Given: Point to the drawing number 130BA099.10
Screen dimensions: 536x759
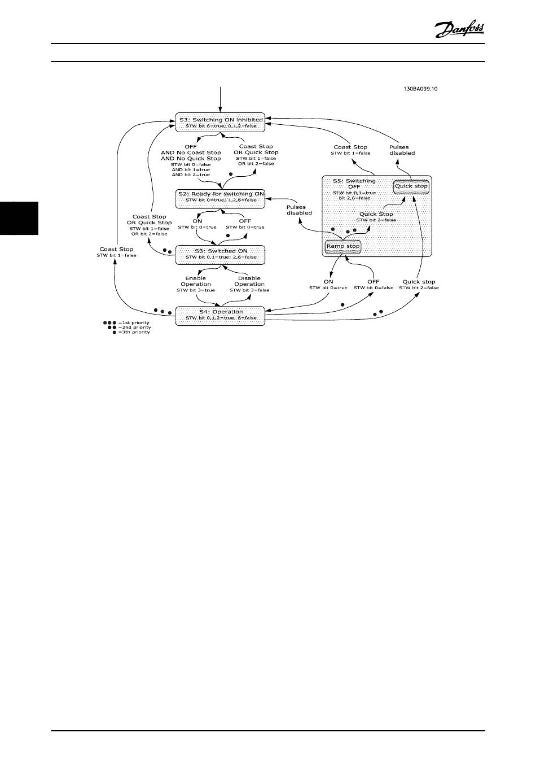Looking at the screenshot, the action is (421, 89).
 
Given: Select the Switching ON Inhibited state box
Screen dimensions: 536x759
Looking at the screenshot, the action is (221, 123).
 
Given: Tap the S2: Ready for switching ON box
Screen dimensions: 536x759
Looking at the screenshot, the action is (221, 197).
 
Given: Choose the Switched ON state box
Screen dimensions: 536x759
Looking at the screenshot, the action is (221, 254).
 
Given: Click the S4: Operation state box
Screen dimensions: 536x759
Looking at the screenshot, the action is (221, 315).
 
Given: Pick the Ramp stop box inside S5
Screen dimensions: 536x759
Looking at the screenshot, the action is (342, 246).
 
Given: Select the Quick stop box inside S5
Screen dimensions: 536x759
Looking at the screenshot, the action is (411, 186).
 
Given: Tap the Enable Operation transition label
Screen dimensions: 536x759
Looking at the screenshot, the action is (196, 281).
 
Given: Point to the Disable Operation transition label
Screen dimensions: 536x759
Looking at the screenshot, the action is (249, 281).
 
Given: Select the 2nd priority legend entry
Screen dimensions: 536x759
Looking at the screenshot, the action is (129, 328).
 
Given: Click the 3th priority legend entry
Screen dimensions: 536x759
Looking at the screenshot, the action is (131, 333).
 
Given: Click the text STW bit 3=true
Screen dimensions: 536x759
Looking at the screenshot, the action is (196, 290).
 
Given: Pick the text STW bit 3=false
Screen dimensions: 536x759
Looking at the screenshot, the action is (249, 290).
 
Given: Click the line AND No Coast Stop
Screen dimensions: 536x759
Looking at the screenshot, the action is (191, 152).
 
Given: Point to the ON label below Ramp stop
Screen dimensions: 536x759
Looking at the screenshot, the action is (328, 281).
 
